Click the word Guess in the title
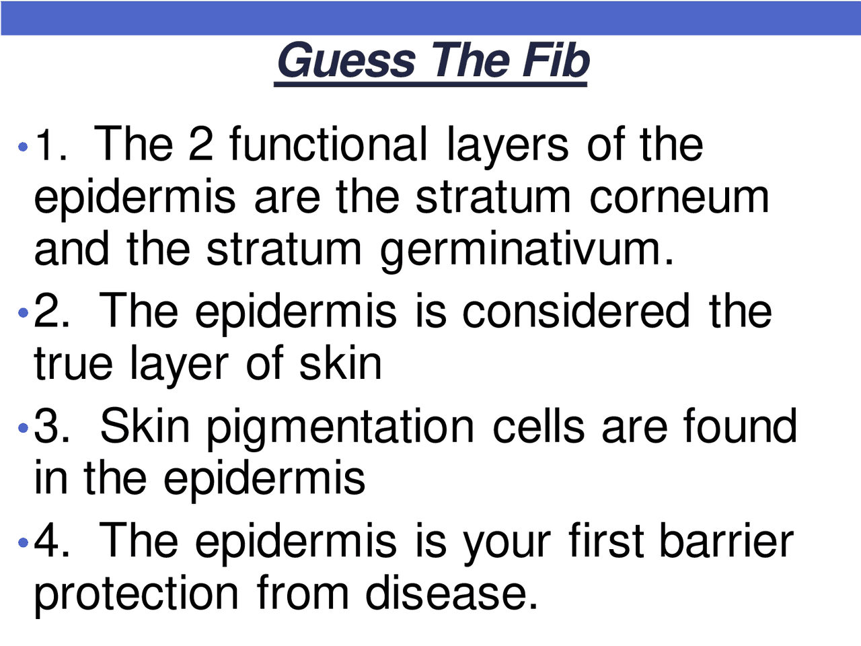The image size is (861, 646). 346,61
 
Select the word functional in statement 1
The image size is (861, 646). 328,143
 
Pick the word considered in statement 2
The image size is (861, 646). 576,312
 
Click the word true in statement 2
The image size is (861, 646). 73,363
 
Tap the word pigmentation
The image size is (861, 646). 340,427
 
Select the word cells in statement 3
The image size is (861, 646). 538,425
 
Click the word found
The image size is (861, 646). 740,425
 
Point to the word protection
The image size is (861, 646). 136,594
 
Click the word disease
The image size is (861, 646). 451,592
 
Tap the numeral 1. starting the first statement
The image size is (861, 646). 51,144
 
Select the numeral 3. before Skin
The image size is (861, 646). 51,426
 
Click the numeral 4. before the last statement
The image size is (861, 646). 51,540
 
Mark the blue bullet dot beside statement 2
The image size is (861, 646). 24,313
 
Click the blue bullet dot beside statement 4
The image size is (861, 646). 24,542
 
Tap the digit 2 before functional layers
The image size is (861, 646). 201,143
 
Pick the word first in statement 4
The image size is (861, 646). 606,540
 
